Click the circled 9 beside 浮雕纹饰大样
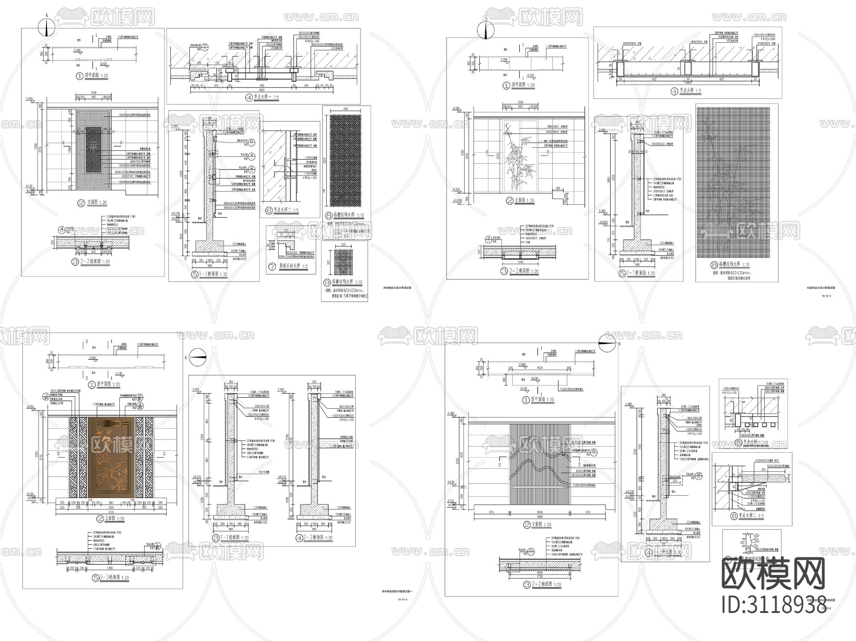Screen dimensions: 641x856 [x=327, y=282]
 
